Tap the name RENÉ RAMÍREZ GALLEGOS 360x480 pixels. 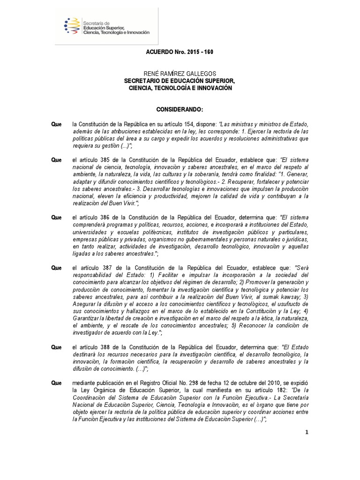[180, 74]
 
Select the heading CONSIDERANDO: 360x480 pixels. [180, 109]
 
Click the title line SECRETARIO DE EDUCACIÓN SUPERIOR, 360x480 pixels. [180, 81]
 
